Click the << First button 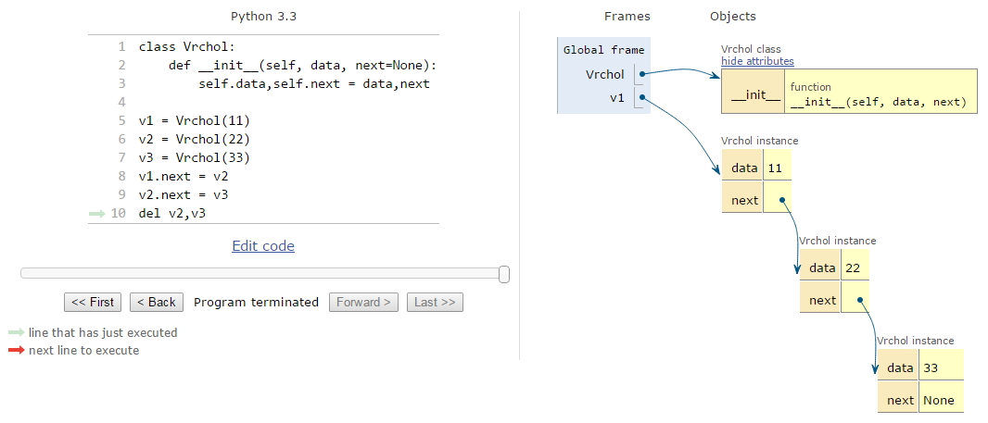pyautogui.click(x=93, y=302)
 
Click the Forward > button pyautogui.click(x=364, y=302)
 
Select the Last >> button pyautogui.click(x=435, y=302)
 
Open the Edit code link pyautogui.click(x=263, y=245)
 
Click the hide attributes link pyautogui.click(x=757, y=61)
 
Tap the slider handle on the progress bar pyautogui.click(x=504, y=274)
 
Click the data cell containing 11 pyautogui.click(x=777, y=168)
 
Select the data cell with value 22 pyautogui.click(x=855, y=267)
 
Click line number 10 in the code pyautogui.click(x=118, y=214)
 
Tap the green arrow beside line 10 pyautogui.click(x=97, y=214)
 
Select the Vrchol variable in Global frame pyautogui.click(x=605, y=74)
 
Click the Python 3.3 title pyautogui.click(x=263, y=17)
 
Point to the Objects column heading pyautogui.click(x=733, y=17)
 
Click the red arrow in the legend pyautogui.click(x=17, y=350)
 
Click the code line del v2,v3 pyautogui.click(x=172, y=214)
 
